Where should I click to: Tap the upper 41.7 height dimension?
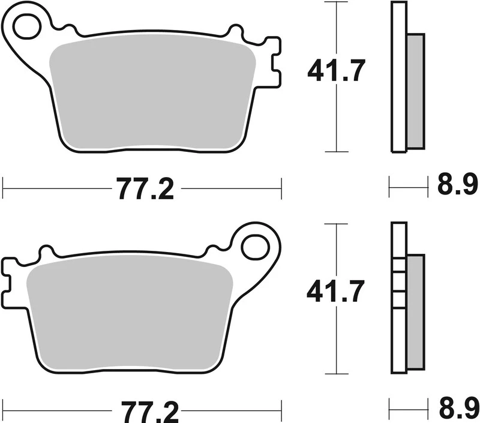[336, 71]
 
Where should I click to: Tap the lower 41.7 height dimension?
[335, 292]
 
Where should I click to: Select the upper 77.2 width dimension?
[145, 189]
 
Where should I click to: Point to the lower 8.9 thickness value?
[457, 410]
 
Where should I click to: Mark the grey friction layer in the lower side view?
[415, 312]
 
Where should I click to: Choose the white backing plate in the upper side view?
[398, 78]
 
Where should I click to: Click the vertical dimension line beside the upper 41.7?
[337, 120]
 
